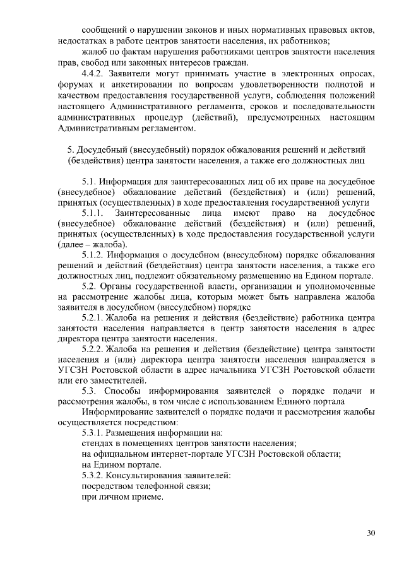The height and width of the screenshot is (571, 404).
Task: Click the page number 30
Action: (371, 533)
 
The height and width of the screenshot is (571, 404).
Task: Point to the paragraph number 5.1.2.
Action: (95, 255)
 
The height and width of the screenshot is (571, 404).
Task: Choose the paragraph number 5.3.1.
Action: (95, 433)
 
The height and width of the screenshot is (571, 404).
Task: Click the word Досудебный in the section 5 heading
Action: (103, 150)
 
